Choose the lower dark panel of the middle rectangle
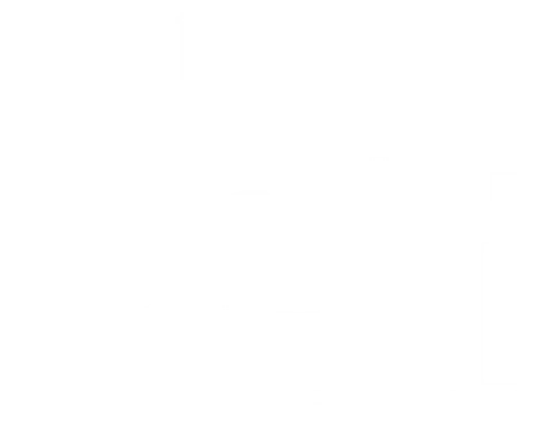[x=261, y=256]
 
